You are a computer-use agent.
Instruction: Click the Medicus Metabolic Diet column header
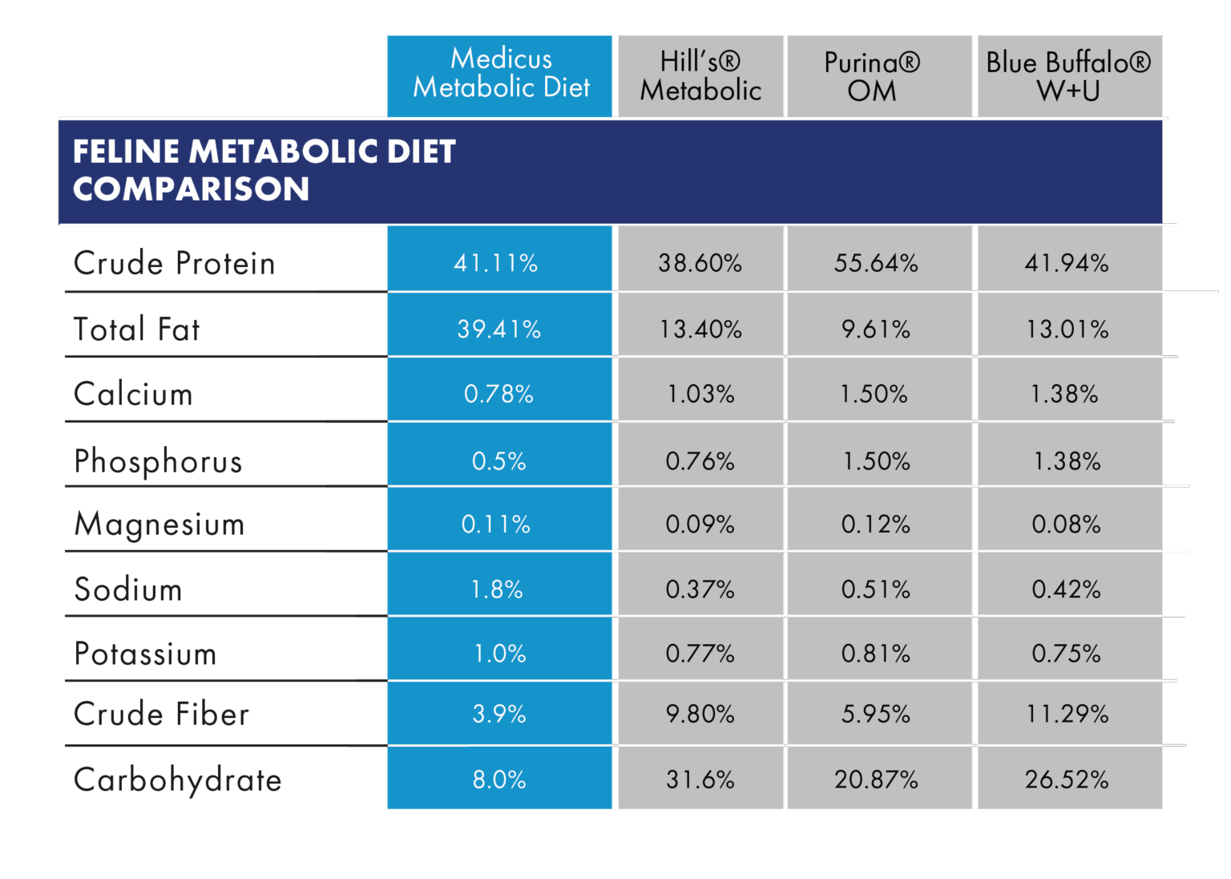[500, 74]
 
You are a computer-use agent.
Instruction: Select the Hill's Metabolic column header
[700, 76]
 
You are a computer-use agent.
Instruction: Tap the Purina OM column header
[872, 76]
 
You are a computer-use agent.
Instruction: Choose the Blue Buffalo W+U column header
[1068, 76]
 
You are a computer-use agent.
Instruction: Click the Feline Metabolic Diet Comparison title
[264, 170]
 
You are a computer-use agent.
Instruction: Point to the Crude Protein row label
[174, 263]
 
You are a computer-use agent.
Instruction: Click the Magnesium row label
[159, 525]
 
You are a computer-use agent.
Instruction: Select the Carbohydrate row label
[177, 780]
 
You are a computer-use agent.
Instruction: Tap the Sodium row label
[128, 589]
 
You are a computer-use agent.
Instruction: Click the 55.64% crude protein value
[875, 263]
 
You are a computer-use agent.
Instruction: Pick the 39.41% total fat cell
[498, 329]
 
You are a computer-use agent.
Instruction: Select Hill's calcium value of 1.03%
[700, 394]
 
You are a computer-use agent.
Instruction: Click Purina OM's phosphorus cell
[876, 461]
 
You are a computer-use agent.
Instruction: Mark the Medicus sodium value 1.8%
[497, 589]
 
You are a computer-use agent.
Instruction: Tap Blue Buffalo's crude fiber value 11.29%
[1068, 714]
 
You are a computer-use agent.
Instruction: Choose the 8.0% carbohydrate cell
[498, 780]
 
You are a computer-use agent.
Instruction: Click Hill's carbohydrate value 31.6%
[700, 780]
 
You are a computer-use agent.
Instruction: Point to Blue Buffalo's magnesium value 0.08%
[1066, 525]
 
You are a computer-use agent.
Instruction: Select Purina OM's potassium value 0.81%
[875, 654]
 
